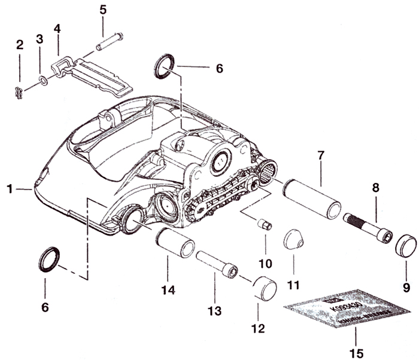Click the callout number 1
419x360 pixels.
(10, 189)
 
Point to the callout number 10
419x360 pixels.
(265, 263)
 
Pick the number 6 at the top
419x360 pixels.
(219, 69)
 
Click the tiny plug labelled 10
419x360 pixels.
(263, 225)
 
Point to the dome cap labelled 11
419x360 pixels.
(293, 240)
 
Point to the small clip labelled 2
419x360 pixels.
(19, 92)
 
